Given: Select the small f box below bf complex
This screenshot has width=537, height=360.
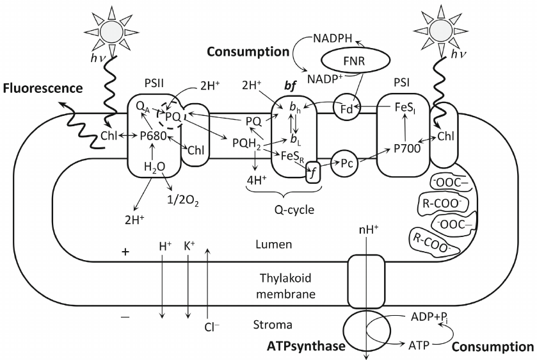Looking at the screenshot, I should (313, 172).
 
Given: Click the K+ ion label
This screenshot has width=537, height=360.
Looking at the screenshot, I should (189, 245).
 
